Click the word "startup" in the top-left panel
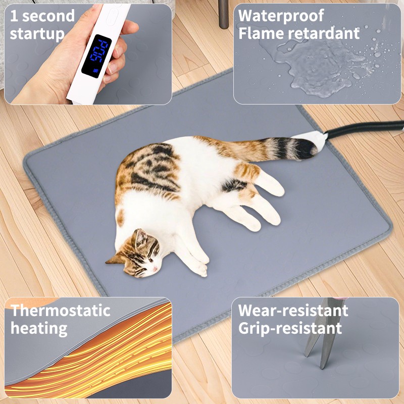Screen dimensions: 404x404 tap(37, 34)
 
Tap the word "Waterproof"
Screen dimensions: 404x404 tap(281, 15)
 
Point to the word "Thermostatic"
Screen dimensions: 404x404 tap(61, 310)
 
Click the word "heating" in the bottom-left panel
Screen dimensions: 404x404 tap(39, 328)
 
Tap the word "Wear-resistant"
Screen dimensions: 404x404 tap(293, 310)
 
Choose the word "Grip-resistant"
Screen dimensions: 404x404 tap(290, 328)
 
